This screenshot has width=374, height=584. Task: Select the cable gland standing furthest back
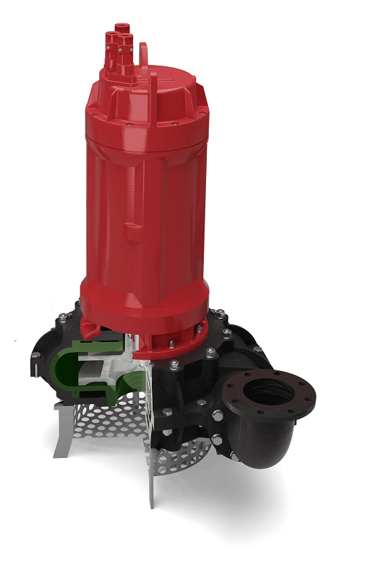click(x=121, y=31)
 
